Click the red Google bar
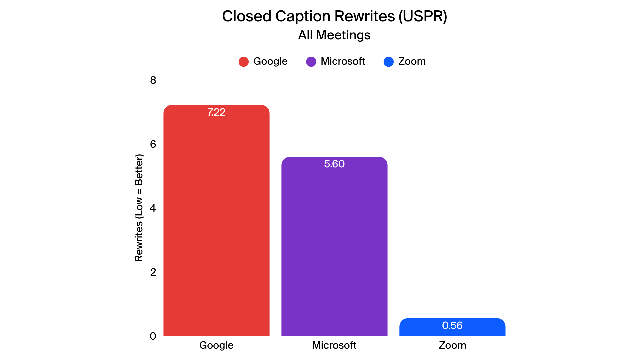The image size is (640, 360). tap(216, 227)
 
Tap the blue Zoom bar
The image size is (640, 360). tap(452, 330)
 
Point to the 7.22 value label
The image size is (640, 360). tap(216, 112)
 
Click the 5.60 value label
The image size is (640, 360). tap(334, 164)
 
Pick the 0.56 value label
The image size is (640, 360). tap(452, 325)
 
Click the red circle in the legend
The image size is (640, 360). tap(244, 62)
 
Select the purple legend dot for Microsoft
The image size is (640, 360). tap(311, 62)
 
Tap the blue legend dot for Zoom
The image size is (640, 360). tap(389, 62)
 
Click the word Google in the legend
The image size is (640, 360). tap(270, 61)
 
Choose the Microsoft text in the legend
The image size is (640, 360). tap(343, 61)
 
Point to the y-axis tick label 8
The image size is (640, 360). tap(153, 80)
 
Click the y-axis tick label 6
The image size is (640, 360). tap(153, 144)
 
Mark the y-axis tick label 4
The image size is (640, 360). tap(153, 208)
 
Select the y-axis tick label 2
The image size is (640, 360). tap(153, 272)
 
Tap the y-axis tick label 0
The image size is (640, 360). tap(153, 336)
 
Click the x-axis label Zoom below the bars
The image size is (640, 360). tap(452, 345)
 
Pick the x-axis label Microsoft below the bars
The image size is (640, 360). tap(334, 345)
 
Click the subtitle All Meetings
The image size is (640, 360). tap(334, 35)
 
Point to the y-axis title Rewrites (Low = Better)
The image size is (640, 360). tap(139, 208)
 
